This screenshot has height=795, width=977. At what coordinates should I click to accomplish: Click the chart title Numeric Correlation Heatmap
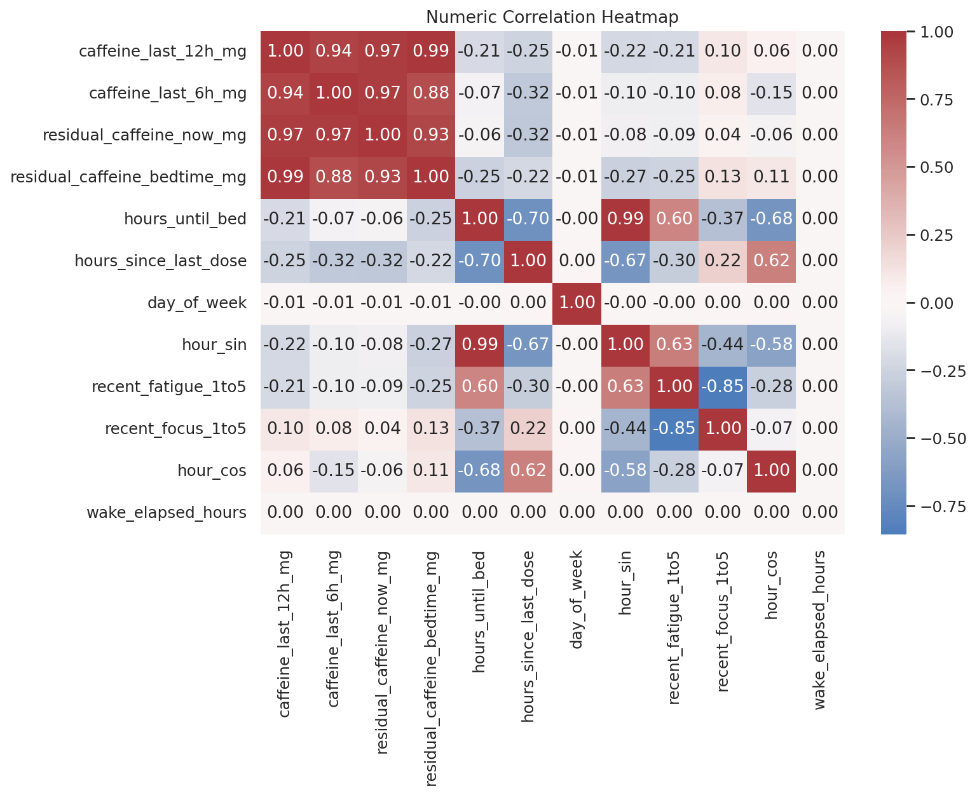[x=552, y=17]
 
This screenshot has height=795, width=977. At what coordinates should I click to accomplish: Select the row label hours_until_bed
[x=185, y=219]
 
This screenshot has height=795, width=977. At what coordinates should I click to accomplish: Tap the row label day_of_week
[x=196, y=303]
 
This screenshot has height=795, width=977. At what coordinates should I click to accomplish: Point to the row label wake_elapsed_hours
[x=167, y=513]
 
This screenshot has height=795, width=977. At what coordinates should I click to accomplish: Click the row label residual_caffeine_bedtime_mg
[x=128, y=177]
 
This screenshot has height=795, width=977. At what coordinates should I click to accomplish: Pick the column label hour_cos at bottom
[x=772, y=585]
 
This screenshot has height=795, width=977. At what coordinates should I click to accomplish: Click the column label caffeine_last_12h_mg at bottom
[x=285, y=634]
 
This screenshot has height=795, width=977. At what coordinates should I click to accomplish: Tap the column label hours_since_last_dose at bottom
[x=528, y=636]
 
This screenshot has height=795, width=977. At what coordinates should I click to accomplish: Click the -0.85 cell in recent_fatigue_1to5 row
[x=723, y=387]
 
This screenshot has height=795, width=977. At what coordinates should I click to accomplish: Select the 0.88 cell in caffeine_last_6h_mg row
[x=431, y=93]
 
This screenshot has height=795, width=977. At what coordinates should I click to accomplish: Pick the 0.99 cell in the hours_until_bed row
[x=625, y=219]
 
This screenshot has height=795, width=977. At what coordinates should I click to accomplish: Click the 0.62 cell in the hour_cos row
[x=528, y=471]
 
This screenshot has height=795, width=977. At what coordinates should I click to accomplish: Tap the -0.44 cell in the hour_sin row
[x=723, y=345]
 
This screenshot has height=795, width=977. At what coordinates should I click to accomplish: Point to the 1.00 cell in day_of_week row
[x=577, y=303]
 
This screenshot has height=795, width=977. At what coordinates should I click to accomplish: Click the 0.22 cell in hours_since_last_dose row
[x=723, y=261]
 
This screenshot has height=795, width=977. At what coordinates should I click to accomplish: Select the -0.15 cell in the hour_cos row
[x=334, y=471]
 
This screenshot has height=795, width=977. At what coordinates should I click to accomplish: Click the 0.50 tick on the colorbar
[x=936, y=168]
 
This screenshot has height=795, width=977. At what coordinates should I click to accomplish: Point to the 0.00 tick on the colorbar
[x=936, y=303]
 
